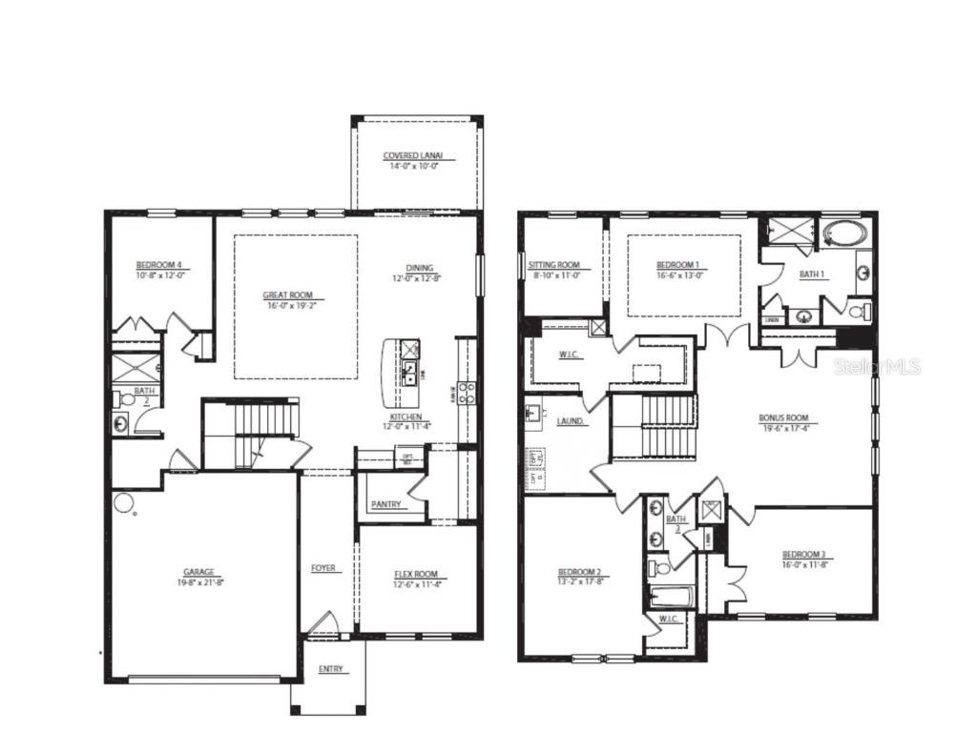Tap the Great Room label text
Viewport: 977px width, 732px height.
[287, 295]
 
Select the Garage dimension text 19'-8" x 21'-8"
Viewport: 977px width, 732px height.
[199, 581]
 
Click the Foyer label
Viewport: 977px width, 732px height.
[323, 568]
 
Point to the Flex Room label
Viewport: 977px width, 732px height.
[416, 574]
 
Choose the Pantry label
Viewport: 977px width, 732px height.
[386, 504]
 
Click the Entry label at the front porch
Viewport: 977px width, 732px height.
[329, 669]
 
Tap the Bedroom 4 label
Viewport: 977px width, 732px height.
[158, 265]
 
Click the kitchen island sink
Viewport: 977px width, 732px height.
[408, 371]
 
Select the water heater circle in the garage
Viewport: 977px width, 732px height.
[123, 502]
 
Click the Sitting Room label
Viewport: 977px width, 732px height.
[554, 265]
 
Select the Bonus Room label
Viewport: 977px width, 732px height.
[783, 417]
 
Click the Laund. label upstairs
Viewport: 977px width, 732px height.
[571, 420]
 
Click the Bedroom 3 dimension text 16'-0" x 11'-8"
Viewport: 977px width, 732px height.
[802, 565]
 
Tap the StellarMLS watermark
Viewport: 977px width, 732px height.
[877, 367]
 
